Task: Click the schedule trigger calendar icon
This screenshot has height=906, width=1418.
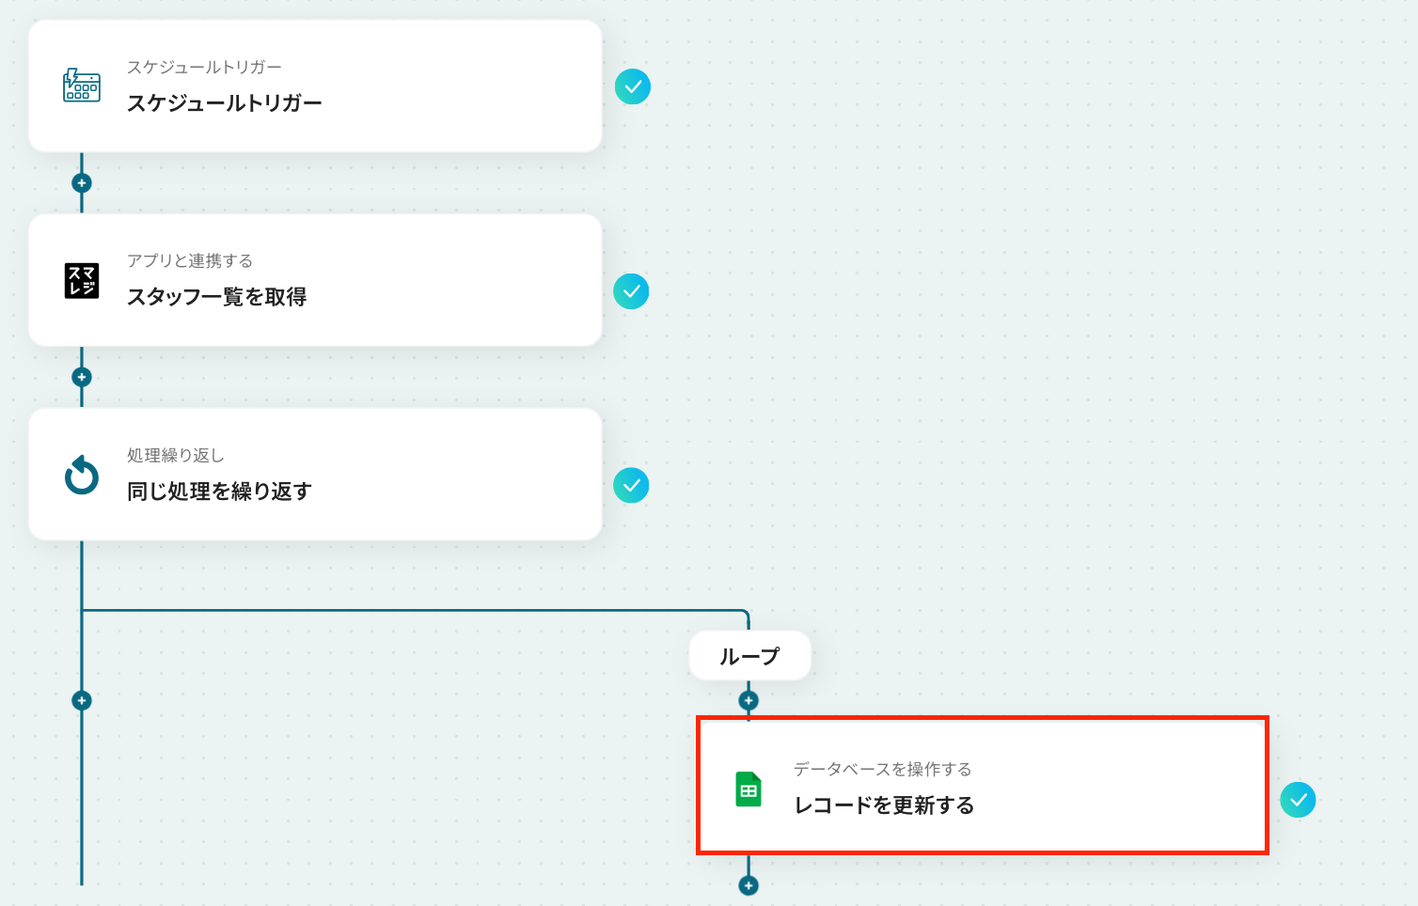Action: click(82, 86)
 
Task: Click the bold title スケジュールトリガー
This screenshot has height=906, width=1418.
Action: click(224, 103)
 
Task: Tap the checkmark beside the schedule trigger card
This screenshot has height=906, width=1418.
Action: click(633, 86)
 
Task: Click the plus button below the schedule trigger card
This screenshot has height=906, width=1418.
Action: click(82, 183)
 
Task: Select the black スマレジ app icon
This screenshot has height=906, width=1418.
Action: click(82, 280)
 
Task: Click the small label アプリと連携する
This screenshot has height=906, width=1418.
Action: click(190, 261)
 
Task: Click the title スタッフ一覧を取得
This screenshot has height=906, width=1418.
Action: click(216, 297)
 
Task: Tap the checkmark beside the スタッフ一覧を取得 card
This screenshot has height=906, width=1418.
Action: click(631, 291)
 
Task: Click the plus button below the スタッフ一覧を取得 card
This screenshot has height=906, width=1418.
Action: click(82, 377)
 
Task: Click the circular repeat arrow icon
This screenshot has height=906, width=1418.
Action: click(82, 475)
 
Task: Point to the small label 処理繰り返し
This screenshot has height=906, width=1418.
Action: click(176, 456)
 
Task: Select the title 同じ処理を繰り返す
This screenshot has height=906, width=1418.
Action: click(219, 492)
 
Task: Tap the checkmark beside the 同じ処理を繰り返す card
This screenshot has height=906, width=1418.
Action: click(631, 485)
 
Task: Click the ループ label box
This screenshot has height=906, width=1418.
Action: click(749, 656)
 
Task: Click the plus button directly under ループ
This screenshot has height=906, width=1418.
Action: click(748, 700)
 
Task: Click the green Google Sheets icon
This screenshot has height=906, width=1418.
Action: click(748, 789)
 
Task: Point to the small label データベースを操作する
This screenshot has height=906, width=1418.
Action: click(882, 770)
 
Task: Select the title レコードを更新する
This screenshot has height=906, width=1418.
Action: click(884, 805)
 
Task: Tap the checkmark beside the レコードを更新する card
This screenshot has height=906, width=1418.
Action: click(1298, 800)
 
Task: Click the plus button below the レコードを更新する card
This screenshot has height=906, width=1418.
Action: click(748, 885)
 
